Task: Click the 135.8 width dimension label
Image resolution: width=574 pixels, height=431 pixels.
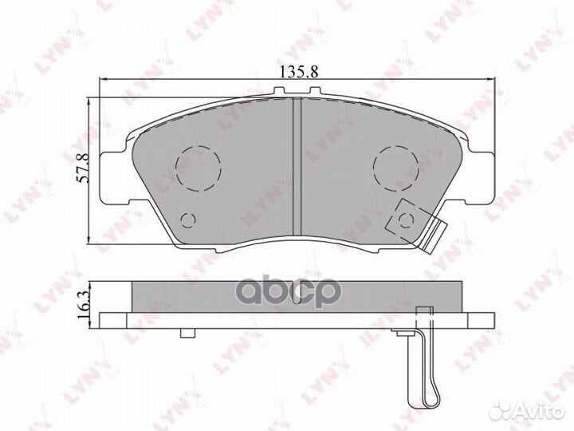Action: pyautogui.click(x=299, y=72)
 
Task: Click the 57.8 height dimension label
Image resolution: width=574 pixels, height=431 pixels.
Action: pyautogui.click(x=83, y=168)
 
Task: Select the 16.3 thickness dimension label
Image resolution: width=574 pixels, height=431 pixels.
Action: pyautogui.click(x=84, y=304)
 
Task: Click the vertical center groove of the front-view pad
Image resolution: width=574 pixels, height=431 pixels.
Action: pyautogui.click(x=297, y=167)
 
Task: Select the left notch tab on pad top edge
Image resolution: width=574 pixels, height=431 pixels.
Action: pyautogui.click(x=279, y=90)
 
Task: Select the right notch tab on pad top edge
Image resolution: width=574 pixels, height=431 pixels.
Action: pyautogui.click(x=315, y=90)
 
